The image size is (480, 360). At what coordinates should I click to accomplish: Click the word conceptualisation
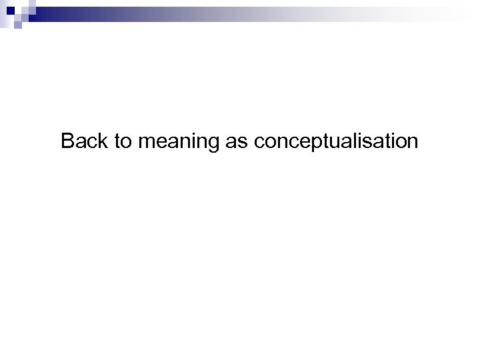(x=336, y=143)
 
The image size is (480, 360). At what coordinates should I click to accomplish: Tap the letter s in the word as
(x=242, y=143)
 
